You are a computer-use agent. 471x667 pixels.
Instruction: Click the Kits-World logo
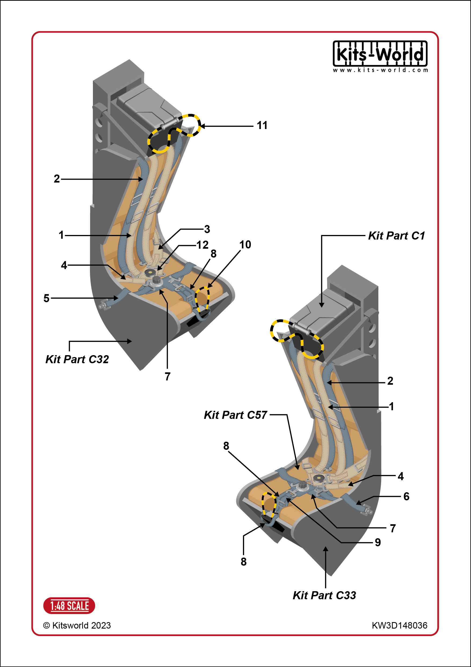coord(380,56)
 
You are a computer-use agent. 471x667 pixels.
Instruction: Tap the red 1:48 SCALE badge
coord(69,606)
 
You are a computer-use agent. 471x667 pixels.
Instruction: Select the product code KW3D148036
coord(400,625)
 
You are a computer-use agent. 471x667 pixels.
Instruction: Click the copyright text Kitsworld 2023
coord(77,625)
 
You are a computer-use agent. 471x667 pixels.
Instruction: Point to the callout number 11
coord(262,126)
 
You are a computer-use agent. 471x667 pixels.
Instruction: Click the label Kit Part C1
coord(396,236)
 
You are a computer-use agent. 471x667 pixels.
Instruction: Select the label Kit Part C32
coord(77,359)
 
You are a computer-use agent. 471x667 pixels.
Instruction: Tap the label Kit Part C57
coord(235,415)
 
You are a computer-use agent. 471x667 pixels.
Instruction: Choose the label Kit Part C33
coord(324,595)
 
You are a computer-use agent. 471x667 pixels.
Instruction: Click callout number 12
coord(202,245)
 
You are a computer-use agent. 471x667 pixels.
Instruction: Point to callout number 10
coord(245,245)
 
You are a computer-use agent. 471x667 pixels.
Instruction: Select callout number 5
coord(46,298)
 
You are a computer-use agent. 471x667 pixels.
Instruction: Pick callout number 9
coord(378,542)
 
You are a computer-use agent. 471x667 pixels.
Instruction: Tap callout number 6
coord(407,497)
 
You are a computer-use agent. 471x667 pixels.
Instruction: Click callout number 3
coord(207,229)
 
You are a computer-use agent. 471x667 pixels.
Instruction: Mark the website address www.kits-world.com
coord(380,70)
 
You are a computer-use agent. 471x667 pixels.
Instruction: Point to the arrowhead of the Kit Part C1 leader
coord(321,305)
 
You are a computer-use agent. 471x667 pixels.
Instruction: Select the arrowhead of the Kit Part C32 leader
coord(129,341)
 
